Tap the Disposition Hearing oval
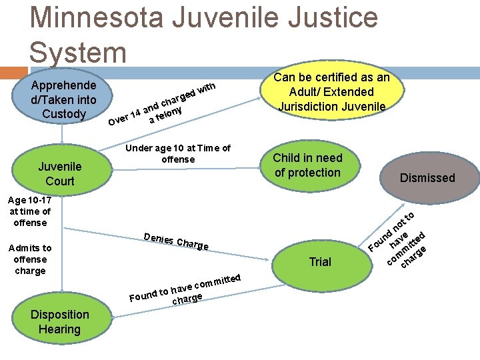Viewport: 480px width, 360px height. (x=59, y=321)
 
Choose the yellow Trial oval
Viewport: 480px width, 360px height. (x=320, y=261)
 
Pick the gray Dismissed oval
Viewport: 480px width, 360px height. (x=427, y=177)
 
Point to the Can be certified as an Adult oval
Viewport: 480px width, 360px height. (x=331, y=91)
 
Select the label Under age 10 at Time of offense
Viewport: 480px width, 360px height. (x=178, y=153)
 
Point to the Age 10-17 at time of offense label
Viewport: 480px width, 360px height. (x=29, y=211)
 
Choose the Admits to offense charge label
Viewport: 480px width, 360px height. (x=29, y=259)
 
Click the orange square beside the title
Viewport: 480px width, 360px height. (x=13, y=73)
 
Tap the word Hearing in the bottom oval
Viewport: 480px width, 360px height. (x=59, y=329)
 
